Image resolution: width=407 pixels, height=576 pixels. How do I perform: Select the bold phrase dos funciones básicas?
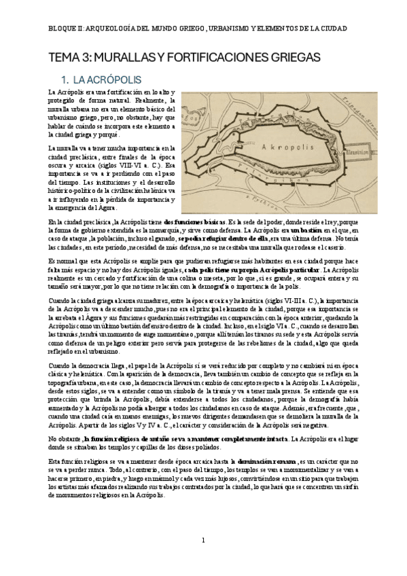[194, 222]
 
